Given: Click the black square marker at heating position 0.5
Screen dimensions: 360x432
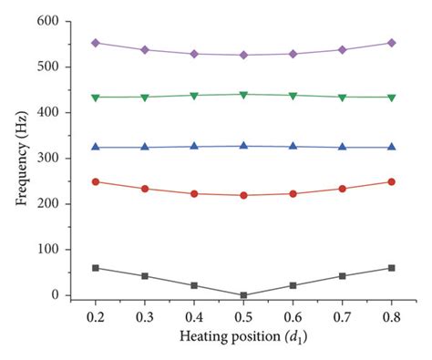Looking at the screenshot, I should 243,295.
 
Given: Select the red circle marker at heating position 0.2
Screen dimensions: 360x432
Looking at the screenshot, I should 95,181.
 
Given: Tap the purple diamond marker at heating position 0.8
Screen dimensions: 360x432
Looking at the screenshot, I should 391,43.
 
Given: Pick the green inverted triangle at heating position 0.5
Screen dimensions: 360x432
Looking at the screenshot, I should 243,95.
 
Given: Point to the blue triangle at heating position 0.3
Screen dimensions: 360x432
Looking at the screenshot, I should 144,147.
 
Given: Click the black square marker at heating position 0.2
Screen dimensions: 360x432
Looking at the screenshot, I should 95,268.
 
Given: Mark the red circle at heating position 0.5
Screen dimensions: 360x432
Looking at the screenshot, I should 243,195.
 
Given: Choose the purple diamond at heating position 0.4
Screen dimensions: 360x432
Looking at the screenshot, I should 193,54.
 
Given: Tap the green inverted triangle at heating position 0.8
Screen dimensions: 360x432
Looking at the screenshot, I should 391,98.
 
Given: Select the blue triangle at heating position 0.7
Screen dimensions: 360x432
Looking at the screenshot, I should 342,147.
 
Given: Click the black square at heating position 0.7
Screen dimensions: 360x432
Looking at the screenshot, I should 342,275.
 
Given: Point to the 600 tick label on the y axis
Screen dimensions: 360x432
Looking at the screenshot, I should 48,21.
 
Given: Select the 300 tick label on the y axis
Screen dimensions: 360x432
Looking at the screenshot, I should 48,159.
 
